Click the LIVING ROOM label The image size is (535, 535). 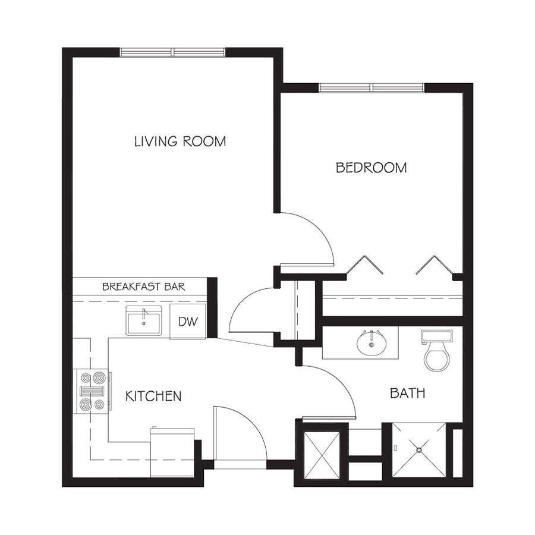tap(180, 141)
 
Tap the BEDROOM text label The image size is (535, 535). tap(371, 168)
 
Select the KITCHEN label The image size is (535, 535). tap(153, 396)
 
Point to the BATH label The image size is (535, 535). tap(407, 394)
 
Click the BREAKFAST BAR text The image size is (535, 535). tap(144, 287)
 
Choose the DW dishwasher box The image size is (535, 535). tap(188, 321)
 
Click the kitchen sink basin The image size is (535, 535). tap(144, 321)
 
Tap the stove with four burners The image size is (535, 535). tap(91, 391)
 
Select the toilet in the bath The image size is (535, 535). tap(437, 350)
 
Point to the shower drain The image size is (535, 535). tap(419, 450)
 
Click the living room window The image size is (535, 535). tap(172, 52)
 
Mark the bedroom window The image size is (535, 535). tap(372, 88)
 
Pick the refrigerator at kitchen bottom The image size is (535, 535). tap(172, 452)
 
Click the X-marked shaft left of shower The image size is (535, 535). tap(322, 455)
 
